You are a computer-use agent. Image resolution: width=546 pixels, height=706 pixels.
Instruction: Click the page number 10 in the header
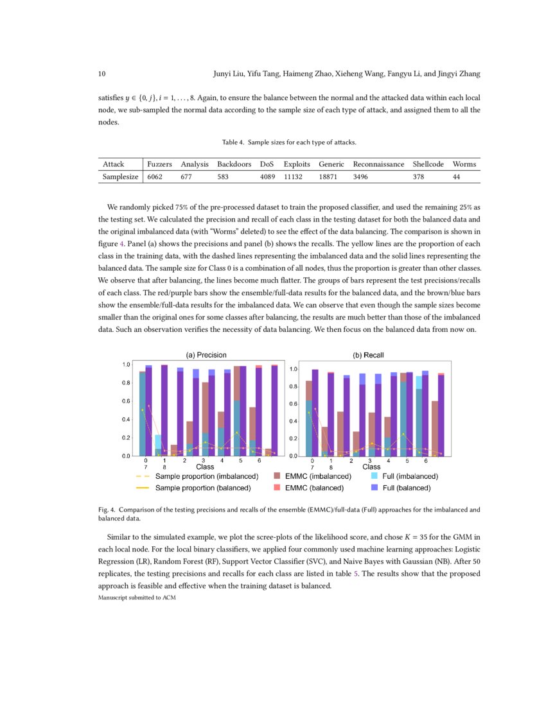(101, 74)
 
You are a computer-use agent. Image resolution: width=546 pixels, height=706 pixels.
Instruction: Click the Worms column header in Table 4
(464, 164)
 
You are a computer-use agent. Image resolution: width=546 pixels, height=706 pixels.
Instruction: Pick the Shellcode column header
(428, 164)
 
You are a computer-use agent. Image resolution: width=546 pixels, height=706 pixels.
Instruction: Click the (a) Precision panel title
(206, 355)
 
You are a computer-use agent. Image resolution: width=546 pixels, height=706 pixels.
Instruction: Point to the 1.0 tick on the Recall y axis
(292, 369)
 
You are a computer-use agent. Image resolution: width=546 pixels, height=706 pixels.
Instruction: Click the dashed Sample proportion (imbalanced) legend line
(143, 476)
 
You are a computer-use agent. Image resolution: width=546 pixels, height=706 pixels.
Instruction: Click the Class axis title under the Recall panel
(371, 467)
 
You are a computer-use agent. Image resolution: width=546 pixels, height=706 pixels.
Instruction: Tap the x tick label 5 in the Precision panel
(240, 461)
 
